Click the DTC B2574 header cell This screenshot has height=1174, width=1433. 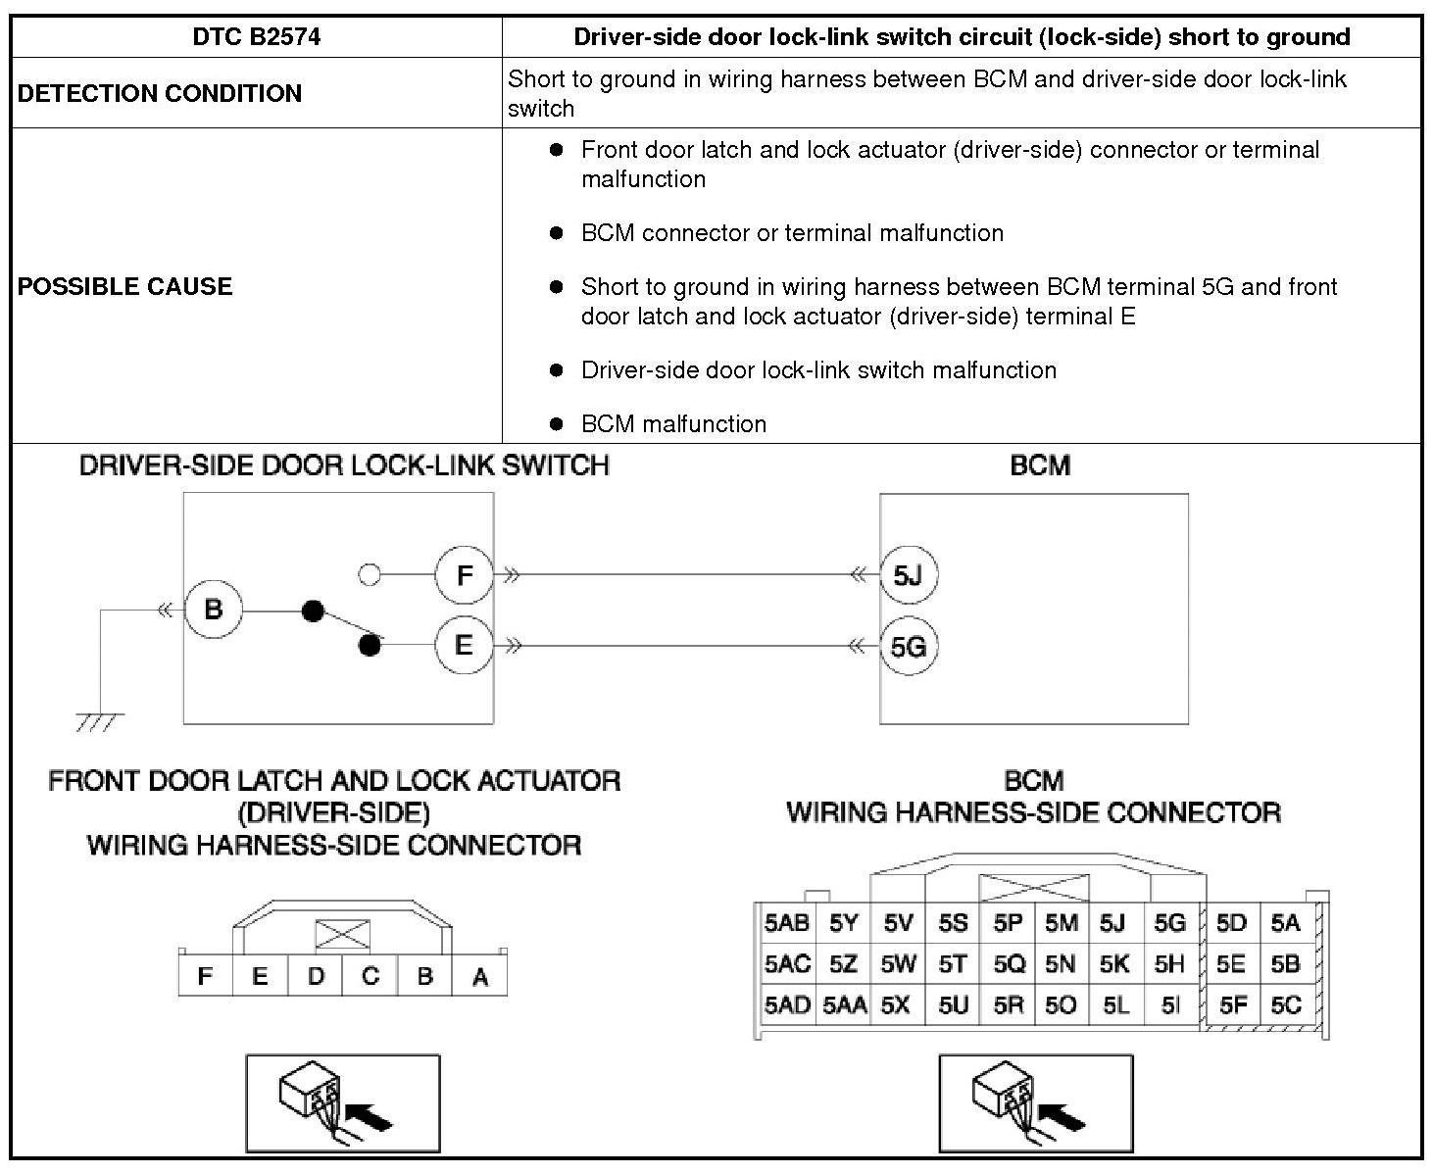coord(257,37)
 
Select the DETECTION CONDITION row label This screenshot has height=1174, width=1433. coord(160,93)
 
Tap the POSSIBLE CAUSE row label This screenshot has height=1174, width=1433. coord(125,286)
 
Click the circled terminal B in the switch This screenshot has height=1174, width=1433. coord(213,610)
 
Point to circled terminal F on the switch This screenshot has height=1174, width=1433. coord(464,574)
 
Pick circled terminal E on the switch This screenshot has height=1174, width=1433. coord(464,645)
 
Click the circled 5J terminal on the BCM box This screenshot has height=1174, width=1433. coord(908,574)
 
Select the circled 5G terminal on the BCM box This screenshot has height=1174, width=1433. coord(908,647)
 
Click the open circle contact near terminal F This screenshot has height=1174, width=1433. coord(370,574)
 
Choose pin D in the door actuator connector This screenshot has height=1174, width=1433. coord(316,976)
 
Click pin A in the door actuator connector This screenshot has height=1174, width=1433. coord(480,976)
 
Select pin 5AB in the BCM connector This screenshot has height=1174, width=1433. coord(787,923)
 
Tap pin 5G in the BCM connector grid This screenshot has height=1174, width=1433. coord(1169,923)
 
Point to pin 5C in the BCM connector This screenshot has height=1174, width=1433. coord(1285,1005)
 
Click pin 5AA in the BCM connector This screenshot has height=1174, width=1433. coord(844,1005)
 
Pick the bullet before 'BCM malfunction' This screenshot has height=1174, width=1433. coord(557,424)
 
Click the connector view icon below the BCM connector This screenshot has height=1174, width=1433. coord(1035,1103)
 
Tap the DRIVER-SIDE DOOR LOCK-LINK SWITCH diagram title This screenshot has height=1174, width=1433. coord(344,465)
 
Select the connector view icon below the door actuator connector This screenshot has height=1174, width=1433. coord(342,1103)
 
